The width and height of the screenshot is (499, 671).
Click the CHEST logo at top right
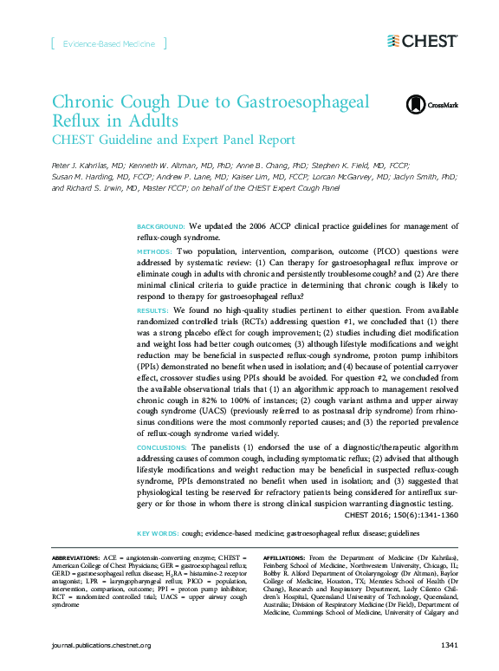point(422,41)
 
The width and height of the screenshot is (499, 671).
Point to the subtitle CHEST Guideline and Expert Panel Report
point(173,140)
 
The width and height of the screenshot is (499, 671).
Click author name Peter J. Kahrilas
point(87,164)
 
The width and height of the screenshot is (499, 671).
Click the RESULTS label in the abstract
point(152,309)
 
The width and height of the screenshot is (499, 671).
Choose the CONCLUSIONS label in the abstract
point(162,447)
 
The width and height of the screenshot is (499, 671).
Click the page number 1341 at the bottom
point(449,646)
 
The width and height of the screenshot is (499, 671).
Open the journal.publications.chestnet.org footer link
point(101,646)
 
